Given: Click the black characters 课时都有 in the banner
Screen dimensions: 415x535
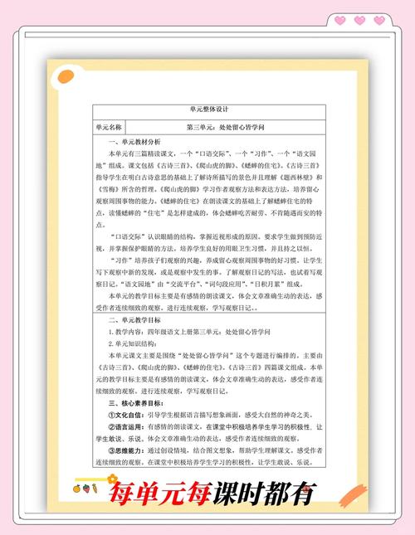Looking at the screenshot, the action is (265, 496).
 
